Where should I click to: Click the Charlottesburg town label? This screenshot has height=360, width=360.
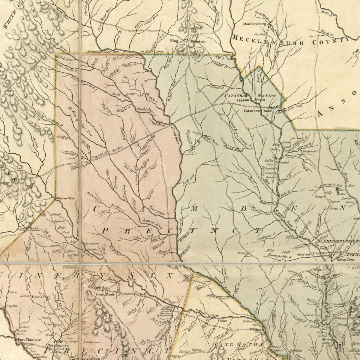[x=254, y=24]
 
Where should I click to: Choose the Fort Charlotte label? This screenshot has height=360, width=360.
[x=29, y=340]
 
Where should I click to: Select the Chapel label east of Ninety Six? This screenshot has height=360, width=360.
[x=140, y=294]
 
